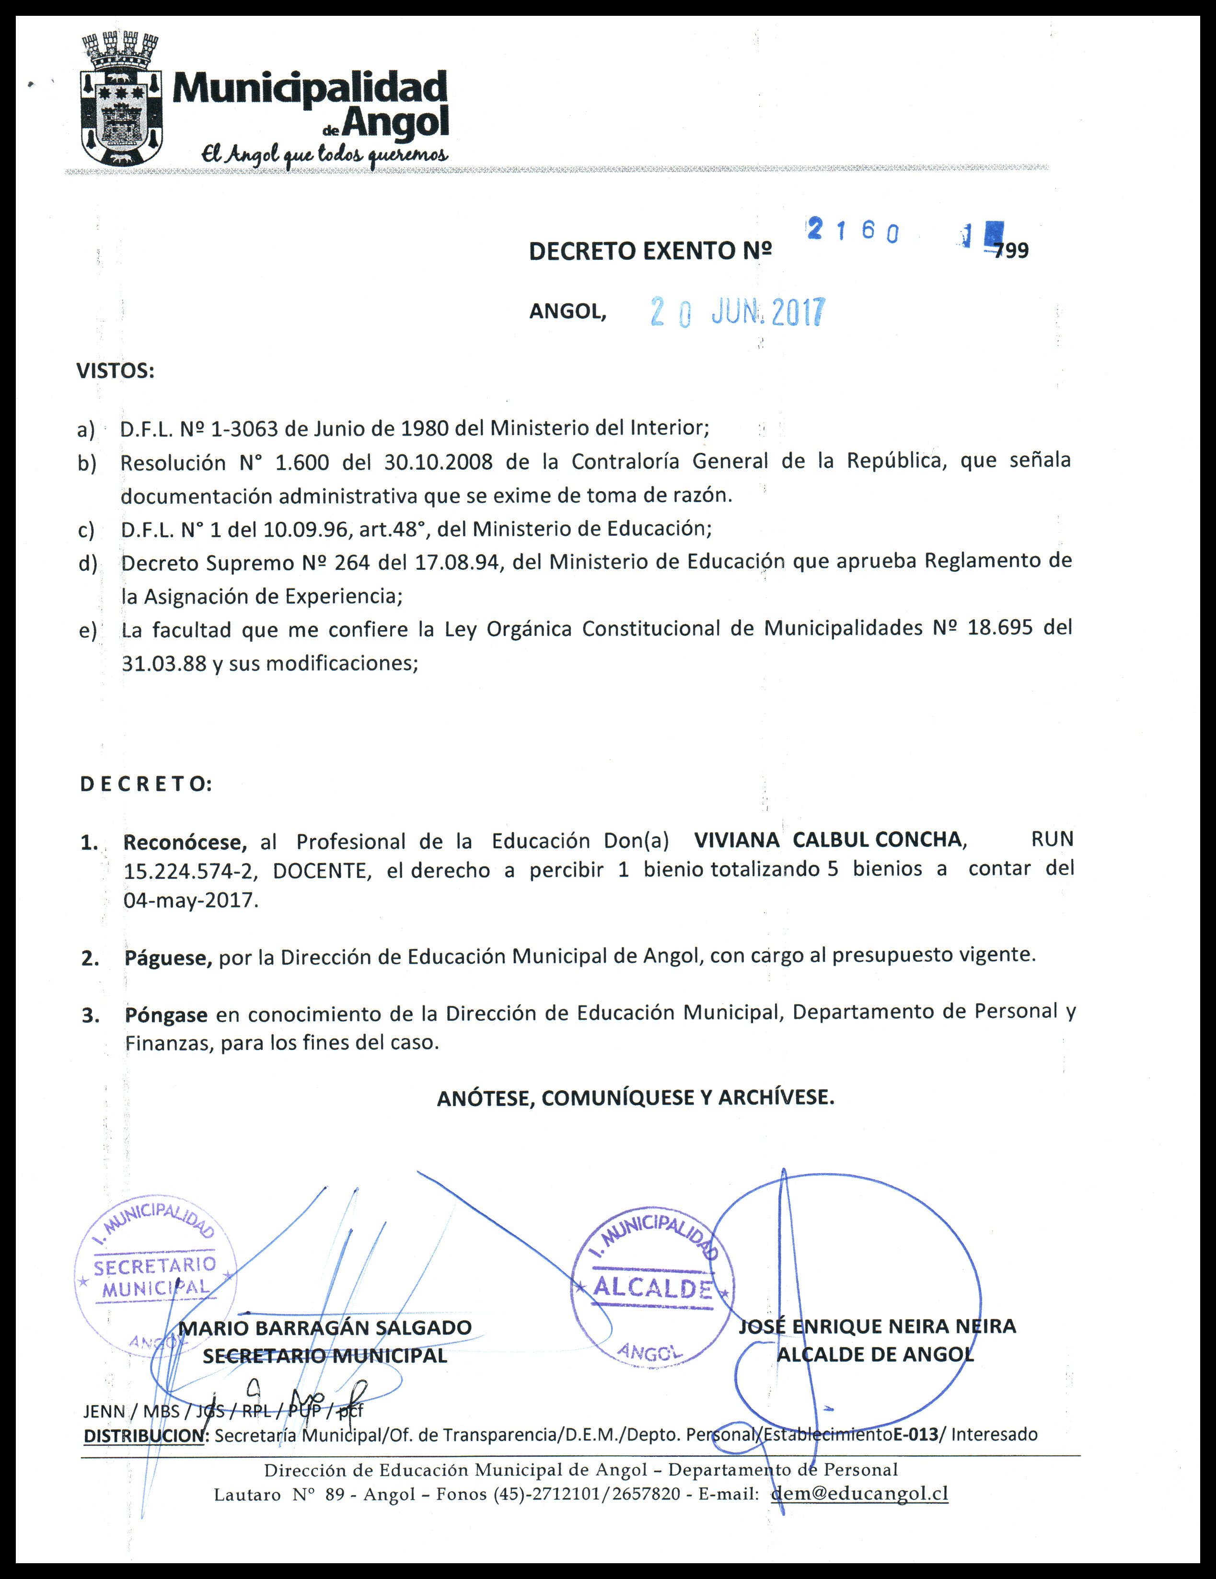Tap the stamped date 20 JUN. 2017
point(737,312)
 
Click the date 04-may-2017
point(191,901)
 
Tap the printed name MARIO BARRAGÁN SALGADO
point(325,1327)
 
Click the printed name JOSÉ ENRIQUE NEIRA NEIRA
point(877,1326)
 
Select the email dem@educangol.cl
point(859,1494)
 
